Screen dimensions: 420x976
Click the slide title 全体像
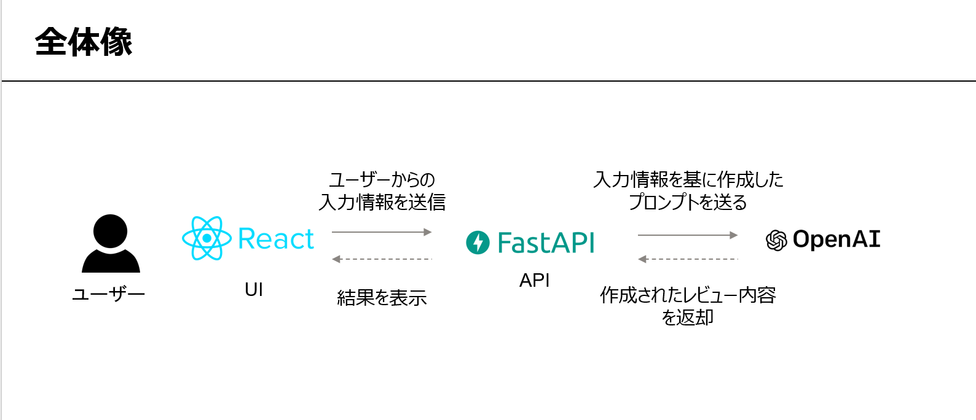pyautogui.click(x=84, y=42)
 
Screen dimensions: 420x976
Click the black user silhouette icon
pyautogui.click(x=111, y=244)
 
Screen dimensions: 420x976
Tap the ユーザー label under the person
pyautogui.click(x=108, y=294)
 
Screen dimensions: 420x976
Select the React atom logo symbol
pyautogui.click(x=207, y=238)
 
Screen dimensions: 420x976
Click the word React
pyautogui.click(x=276, y=239)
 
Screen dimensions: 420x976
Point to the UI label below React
pyautogui.click(x=254, y=289)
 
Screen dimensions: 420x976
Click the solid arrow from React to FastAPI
pyautogui.click(x=382, y=232)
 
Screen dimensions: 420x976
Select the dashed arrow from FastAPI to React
pyautogui.click(x=382, y=259)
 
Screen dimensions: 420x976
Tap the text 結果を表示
pyautogui.click(x=382, y=298)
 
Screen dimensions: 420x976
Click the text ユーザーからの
pyautogui.click(x=382, y=180)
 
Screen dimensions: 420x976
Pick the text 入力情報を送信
pyautogui.click(x=382, y=202)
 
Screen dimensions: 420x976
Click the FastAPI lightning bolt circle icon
pyautogui.click(x=478, y=243)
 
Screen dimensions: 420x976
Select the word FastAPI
pyautogui.click(x=546, y=243)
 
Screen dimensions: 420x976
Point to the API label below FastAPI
pyautogui.click(x=534, y=281)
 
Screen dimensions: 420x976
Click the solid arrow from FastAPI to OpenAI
pyautogui.click(x=688, y=235)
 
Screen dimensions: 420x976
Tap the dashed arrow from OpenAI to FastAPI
pyautogui.click(x=688, y=259)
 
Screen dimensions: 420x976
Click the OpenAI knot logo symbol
pyautogui.click(x=776, y=240)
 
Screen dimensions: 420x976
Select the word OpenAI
pyautogui.click(x=836, y=239)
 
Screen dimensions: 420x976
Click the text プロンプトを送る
pyautogui.click(x=688, y=202)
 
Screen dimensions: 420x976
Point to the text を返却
pyautogui.click(x=688, y=317)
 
